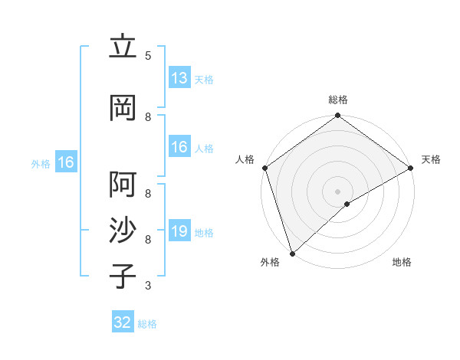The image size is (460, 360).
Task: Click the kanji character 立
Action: coord(123,47)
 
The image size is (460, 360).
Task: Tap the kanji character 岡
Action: coord(123,108)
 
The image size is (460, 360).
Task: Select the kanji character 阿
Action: coord(123,185)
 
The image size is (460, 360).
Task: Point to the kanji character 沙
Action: coord(123,231)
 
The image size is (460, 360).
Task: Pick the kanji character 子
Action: coord(123,277)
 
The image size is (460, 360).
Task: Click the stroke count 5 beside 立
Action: coord(148,56)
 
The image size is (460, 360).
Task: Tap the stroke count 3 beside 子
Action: coord(148,286)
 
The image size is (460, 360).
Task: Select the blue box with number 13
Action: coord(179,78)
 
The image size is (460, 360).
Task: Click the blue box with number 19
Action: coord(179,231)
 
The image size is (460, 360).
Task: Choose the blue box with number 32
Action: coord(123,322)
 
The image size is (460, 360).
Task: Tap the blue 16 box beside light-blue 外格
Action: coord(65,162)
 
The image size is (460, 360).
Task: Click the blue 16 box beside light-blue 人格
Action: coord(179,147)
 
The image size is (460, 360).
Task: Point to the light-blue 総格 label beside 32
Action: coord(147,324)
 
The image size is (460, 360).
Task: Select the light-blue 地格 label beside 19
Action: coord(204,233)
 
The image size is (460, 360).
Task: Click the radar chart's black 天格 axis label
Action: coord(431,159)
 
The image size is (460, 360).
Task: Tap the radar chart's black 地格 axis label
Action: coord(402,262)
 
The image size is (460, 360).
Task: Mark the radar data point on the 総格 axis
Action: coord(337,116)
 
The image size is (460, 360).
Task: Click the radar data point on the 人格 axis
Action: coord(265,168)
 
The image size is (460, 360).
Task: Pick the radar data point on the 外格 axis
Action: coord(292,253)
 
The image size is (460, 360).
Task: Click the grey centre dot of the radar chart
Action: coord(337,191)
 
